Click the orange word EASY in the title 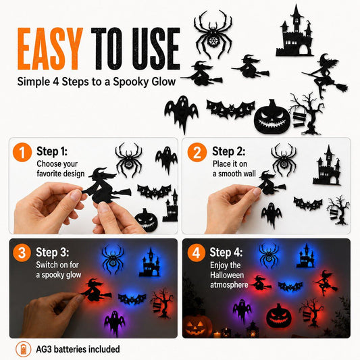click(50, 49)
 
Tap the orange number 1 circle click(22, 152)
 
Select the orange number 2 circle click(197, 152)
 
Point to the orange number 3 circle click(22, 253)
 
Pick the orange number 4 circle click(197, 253)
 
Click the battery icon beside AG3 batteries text click(23, 349)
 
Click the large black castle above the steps click(295, 31)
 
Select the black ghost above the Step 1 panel click(181, 113)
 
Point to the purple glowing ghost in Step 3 click(115, 320)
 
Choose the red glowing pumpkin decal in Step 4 click(279, 315)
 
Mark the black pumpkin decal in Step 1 click(147, 220)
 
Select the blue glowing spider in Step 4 click(269, 255)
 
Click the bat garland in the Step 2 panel click(307, 203)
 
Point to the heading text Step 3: click(53, 252)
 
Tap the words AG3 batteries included click(78, 349)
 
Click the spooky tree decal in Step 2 click(338, 210)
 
